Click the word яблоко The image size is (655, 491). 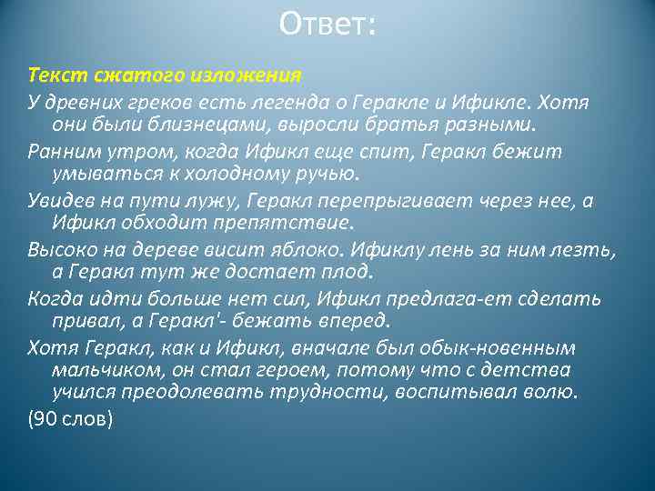click(301, 249)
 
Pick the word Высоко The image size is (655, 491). click(57, 249)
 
